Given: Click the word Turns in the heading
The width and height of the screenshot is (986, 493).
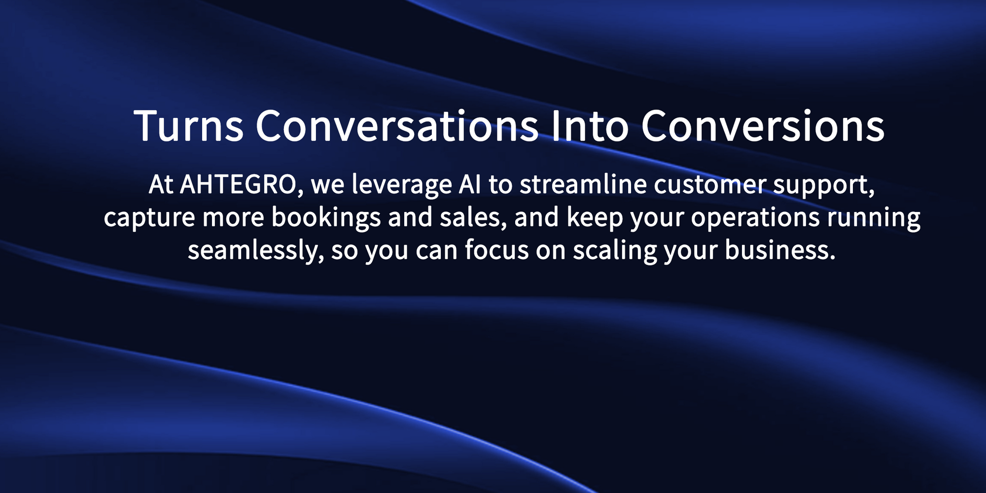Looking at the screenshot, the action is tap(189, 126).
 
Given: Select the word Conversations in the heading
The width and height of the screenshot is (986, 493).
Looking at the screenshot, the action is tap(397, 126).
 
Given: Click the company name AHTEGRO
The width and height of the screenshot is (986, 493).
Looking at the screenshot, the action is tap(238, 185).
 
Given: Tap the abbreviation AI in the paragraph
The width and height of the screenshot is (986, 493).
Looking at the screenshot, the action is tap(470, 184).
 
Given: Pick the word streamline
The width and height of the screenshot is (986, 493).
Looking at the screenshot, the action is tap(583, 184).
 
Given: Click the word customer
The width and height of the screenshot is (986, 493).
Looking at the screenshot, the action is tap(710, 185).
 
